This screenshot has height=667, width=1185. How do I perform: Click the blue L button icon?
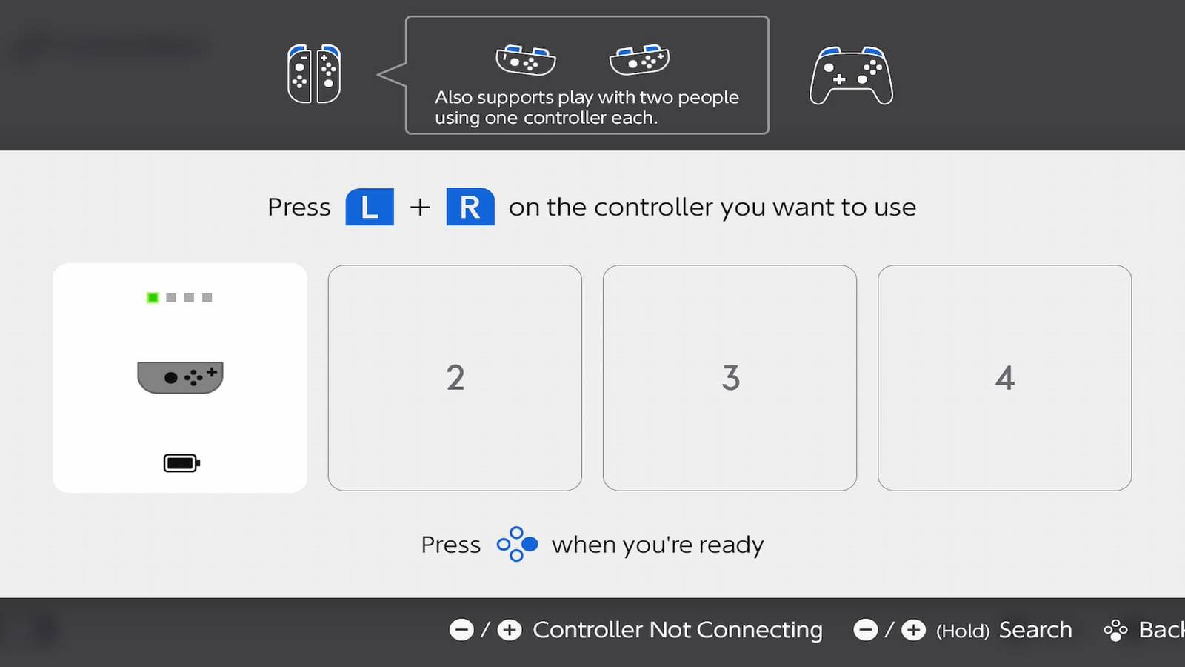[x=370, y=207]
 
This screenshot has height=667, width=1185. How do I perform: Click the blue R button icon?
[x=470, y=207]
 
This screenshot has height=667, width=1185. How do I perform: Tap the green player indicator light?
[x=153, y=298]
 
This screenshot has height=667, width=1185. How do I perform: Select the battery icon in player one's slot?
[x=181, y=463]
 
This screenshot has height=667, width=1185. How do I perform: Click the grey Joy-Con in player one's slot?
[x=180, y=377]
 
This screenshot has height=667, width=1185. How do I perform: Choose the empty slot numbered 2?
[x=455, y=378]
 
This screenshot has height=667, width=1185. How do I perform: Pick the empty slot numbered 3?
[x=730, y=378]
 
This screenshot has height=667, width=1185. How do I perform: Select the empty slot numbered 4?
[x=1004, y=378]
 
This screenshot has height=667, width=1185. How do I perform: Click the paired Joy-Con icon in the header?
[x=314, y=74]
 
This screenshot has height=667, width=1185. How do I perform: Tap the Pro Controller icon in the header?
[x=852, y=76]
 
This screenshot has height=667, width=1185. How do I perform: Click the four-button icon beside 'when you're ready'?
[x=517, y=545]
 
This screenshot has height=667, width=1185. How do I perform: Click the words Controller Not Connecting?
[x=678, y=630]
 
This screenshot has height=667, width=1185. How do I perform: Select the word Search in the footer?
[x=1035, y=630]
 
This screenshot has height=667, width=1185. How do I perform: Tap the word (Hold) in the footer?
[x=963, y=631]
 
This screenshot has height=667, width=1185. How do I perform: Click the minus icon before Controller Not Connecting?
[x=461, y=630]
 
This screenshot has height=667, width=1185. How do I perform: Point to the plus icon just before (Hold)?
[x=913, y=630]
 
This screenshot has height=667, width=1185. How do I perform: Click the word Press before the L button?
[x=299, y=207]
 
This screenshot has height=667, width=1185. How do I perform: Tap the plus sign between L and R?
[x=420, y=207]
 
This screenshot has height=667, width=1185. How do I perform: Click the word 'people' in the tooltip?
[x=708, y=97]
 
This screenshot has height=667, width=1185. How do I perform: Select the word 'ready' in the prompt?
[x=731, y=545]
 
